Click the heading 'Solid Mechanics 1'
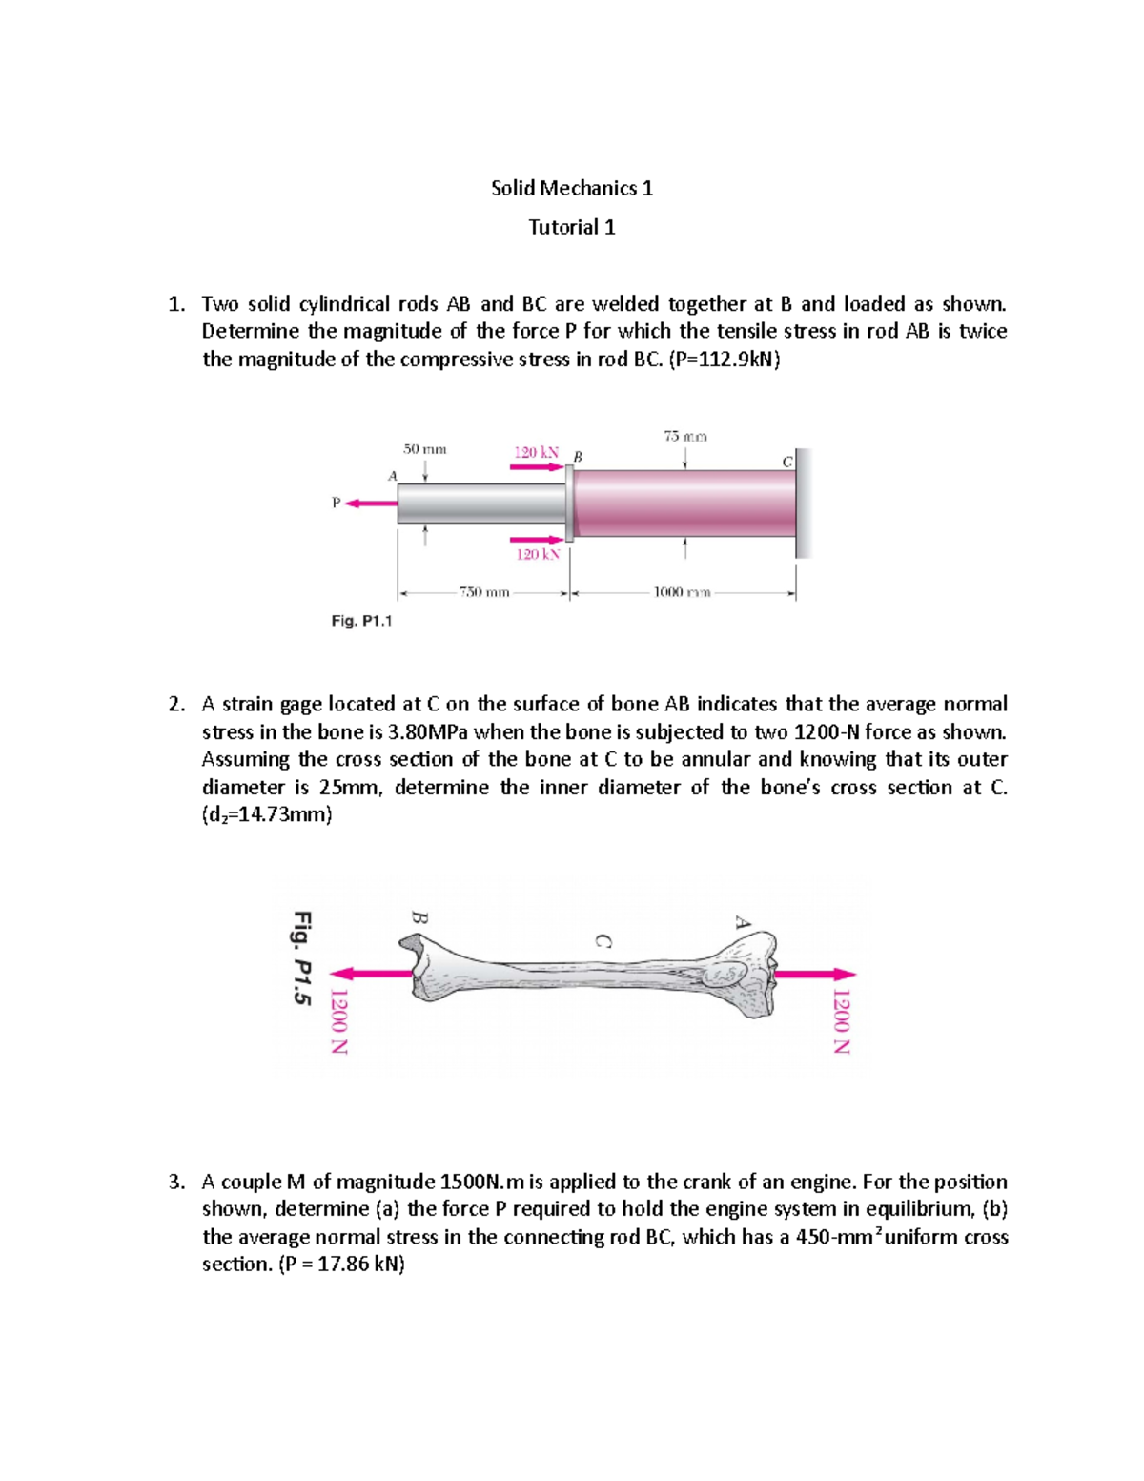pyautogui.click(x=571, y=188)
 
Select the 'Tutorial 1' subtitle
pyautogui.click(x=571, y=227)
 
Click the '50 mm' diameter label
pyautogui.click(x=424, y=447)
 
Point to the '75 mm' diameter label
pyautogui.click(x=684, y=437)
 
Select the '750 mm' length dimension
pyautogui.click(x=484, y=592)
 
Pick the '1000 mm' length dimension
pyautogui.click(x=682, y=592)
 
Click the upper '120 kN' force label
pyautogui.click(x=536, y=451)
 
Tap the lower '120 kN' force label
pyautogui.click(x=538, y=554)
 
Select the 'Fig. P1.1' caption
pyautogui.click(x=361, y=621)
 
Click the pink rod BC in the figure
pyautogui.click(x=684, y=503)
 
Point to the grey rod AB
pyautogui.click(x=481, y=503)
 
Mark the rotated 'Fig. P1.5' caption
pyautogui.click(x=302, y=957)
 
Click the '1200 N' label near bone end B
pyautogui.click(x=338, y=1020)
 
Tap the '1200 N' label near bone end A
pyautogui.click(x=840, y=1019)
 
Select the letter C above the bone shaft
pyautogui.click(x=603, y=939)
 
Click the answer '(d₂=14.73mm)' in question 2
pyautogui.click(x=267, y=815)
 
